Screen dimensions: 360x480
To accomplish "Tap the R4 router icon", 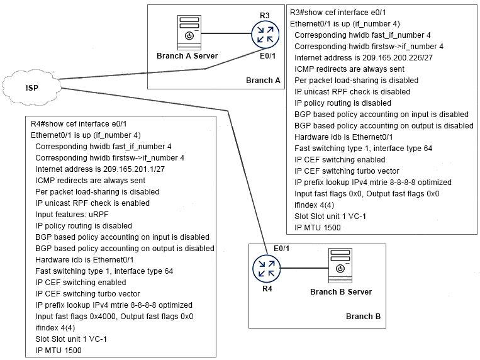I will (x=266, y=269).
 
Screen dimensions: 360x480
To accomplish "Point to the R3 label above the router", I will (x=264, y=14).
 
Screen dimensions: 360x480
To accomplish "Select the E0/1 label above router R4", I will (x=281, y=248).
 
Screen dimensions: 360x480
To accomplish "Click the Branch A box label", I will (x=263, y=80).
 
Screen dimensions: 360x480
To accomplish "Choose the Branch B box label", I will (x=363, y=317).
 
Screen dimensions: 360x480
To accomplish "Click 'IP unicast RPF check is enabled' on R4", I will (x=92, y=203).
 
